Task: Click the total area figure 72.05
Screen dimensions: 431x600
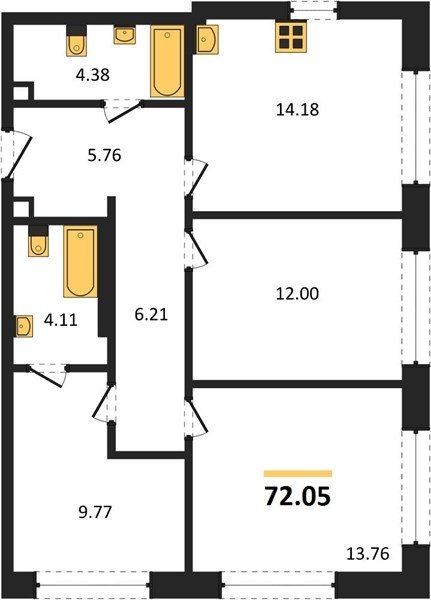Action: tap(297, 497)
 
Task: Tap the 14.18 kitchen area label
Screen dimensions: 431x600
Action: tap(297, 110)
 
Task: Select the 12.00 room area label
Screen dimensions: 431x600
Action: tap(297, 294)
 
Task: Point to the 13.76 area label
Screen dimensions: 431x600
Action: tap(367, 554)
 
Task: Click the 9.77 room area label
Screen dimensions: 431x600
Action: tap(95, 512)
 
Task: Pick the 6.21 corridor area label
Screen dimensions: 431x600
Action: tap(151, 315)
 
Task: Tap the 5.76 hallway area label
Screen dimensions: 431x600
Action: tap(104, 155)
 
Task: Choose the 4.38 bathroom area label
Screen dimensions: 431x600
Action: tap(93, 75)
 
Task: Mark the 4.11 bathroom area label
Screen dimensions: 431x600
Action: tap(60, 320)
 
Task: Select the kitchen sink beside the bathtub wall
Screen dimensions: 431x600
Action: tap(207, 39)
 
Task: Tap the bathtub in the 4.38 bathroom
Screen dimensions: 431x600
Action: tap(167, 61)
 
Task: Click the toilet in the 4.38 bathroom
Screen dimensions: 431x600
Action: tap(77, 41)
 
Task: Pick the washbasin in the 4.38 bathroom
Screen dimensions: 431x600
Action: tap(125, 35)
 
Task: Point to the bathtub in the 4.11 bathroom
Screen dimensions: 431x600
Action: tap(80, 261)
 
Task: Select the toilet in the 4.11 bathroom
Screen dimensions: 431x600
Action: tap(38, 241)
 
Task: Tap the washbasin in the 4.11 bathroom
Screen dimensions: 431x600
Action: tap(24, 326)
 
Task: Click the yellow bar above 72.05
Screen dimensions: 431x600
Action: tap(298, 474)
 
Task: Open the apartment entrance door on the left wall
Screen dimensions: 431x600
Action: tap(16, 155)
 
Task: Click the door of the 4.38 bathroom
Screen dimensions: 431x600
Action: tap(123, 111)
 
